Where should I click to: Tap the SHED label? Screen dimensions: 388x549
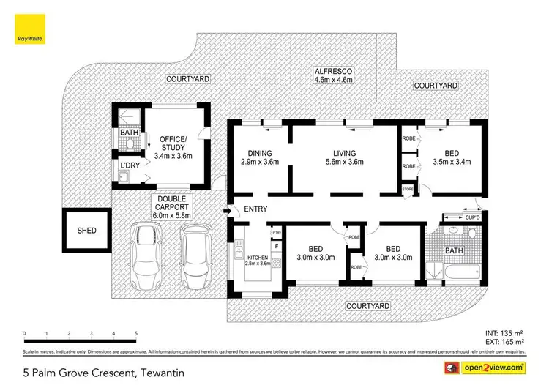86,230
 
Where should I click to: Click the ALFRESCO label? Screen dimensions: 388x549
334,72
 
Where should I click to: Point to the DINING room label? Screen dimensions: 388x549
260,153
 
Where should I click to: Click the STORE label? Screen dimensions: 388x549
408,190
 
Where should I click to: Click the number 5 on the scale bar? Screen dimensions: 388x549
136,334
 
